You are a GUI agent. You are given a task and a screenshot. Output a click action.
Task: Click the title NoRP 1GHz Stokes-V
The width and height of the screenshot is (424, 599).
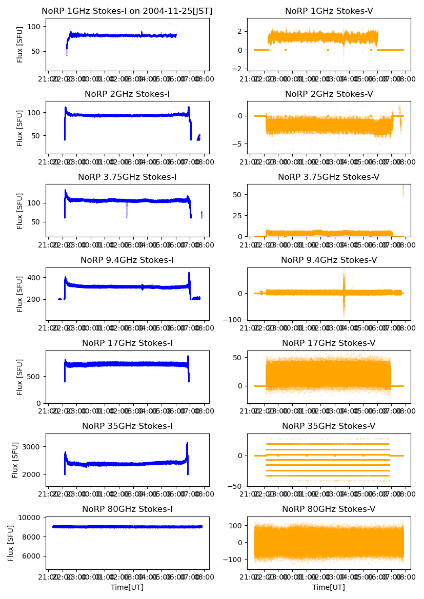click(329, 11)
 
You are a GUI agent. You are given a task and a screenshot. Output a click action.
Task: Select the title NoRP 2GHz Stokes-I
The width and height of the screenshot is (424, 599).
click(127, 94)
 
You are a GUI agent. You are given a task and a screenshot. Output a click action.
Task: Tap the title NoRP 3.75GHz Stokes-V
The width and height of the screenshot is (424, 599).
click(329, 177)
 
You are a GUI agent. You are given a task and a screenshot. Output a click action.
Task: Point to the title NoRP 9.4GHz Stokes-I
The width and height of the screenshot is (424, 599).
click(127, 260)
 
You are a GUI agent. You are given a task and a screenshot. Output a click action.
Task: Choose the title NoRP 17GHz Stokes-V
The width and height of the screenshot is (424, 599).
click(329, 343)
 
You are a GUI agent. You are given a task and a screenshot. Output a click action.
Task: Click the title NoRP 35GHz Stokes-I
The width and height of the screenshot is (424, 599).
click(127, 426)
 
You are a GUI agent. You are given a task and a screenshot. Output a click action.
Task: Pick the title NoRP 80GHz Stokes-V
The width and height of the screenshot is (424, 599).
click(329, 509)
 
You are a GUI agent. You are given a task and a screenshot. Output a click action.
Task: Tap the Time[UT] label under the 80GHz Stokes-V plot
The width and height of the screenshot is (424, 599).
click(329, 587)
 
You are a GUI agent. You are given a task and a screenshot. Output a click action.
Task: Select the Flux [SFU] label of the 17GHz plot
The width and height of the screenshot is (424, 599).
click(20, 377)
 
